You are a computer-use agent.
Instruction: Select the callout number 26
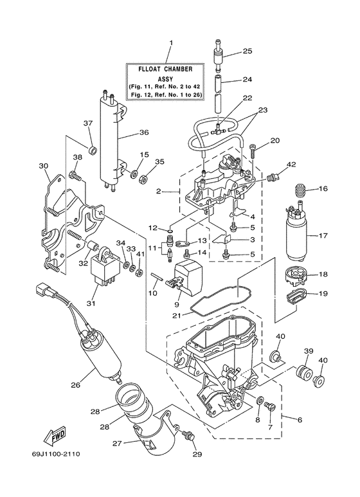[x=75, y=386]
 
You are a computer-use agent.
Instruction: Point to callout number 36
[x=143, y=133]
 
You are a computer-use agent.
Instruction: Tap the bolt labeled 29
[x=189, y=436]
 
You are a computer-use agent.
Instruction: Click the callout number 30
[x=44, y=165]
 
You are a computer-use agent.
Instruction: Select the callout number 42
[x=291, y=165]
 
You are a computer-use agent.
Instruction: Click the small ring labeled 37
[x=92, y=151]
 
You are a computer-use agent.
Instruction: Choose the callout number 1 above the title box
[x=172, y=43]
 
